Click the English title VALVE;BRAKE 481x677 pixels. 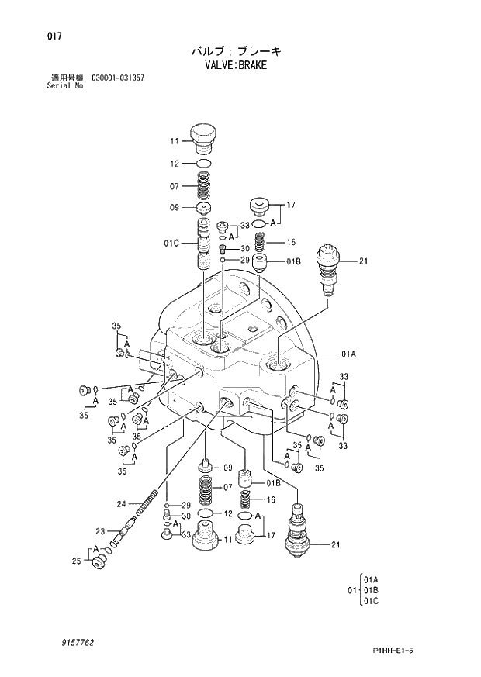pyautogui.click(x=234, y=65)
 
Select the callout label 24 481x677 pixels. pyautogui.click(x=121, y=504)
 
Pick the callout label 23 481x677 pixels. pyautogui.click(x=100, y=531)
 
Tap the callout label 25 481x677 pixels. pyautogui.click(x=76, y=561)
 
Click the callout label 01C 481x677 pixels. pyautogui.click(x=171, y=244)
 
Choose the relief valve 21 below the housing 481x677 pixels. pyautogui.click(x=299, y=531)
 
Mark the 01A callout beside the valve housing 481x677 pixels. pyautogui.click(x=348, y=354)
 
